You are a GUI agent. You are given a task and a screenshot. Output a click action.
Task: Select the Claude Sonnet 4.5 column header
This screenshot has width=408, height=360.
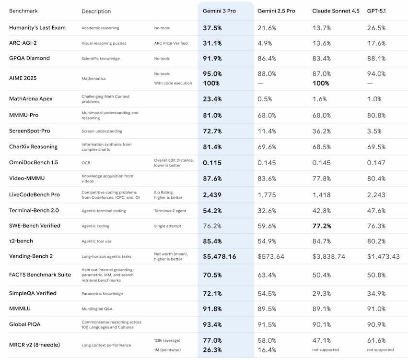(336, 11)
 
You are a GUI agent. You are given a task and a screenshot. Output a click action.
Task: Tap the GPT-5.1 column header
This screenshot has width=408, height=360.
(376, 11)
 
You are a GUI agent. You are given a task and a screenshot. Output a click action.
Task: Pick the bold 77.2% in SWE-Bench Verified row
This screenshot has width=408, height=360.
(322, 226)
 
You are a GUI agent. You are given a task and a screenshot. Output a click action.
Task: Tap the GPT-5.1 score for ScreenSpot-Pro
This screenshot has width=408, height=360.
(374, 131)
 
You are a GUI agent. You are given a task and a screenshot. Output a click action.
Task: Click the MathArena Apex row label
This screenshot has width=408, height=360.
(31, 99)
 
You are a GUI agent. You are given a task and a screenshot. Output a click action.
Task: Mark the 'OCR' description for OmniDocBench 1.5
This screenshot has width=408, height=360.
(86, 163)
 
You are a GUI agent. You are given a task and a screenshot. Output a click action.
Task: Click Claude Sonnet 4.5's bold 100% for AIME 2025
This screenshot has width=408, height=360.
(321, 83)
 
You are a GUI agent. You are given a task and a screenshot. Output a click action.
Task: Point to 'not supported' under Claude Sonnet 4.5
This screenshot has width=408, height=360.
(326, 349)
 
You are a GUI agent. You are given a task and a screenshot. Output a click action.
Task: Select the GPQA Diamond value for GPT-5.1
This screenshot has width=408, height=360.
(376, 59)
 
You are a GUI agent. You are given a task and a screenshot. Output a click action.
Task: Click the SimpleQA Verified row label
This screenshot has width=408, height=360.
(33, 293)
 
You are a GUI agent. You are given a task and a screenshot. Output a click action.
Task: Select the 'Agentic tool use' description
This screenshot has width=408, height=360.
(96, 241)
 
